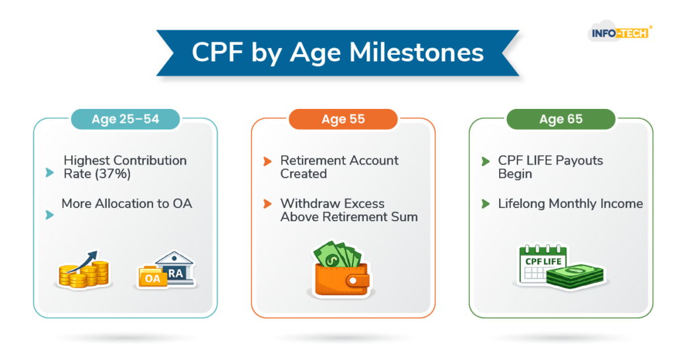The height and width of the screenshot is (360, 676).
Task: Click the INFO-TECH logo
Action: (620, 32)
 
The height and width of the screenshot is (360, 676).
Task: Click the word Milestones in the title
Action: (417, 53)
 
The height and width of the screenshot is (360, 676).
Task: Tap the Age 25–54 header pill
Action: (125, 119)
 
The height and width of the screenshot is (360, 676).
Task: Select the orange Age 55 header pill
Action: (343, 119)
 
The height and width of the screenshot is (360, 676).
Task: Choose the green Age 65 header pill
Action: (561, 119)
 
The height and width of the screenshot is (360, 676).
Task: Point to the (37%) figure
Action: (113, 174)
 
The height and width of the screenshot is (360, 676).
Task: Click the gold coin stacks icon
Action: (84, 270)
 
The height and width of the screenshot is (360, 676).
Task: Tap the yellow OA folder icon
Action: (152, 277)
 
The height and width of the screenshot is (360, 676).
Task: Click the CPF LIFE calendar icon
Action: (543, 264)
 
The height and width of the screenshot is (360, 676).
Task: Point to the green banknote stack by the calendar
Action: (576, 275)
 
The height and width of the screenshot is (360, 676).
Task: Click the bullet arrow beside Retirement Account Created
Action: (267, 161)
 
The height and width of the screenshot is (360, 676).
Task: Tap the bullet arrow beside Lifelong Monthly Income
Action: (485, 203)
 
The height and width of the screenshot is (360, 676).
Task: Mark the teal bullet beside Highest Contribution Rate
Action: (50, 173)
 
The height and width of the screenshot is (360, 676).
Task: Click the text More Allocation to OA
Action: (127, 203)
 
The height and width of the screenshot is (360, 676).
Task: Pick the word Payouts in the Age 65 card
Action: (579, 161)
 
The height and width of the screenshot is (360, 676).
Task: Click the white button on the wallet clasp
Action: (353, 281)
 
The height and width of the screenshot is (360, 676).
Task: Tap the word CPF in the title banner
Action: (217, 53)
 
